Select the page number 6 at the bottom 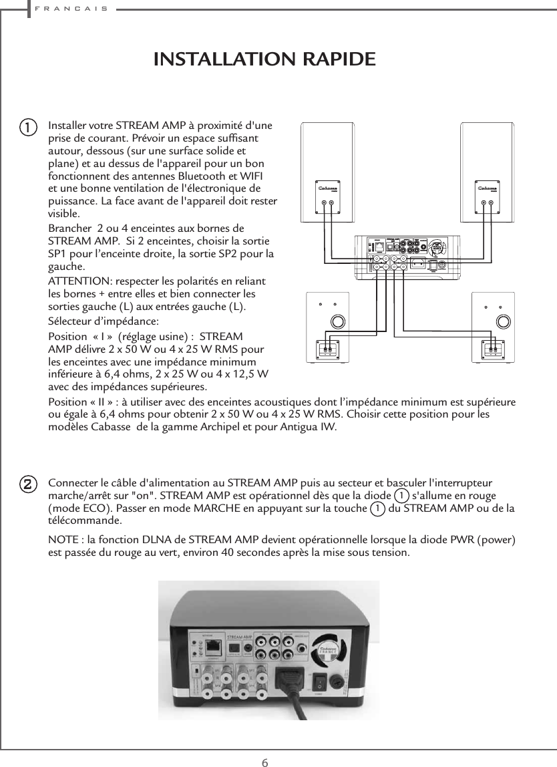(265, 745)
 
